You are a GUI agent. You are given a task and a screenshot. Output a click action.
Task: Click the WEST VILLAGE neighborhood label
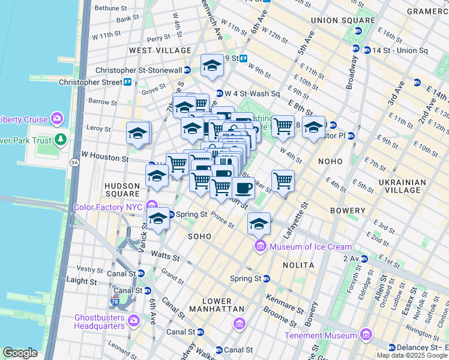tap(160, 50)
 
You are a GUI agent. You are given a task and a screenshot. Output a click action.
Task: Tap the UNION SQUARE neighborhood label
tap(339, 20)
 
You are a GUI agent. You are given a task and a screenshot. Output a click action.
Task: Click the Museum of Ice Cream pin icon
tap(261, 246)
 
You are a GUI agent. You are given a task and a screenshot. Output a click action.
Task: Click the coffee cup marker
tap(243, 188)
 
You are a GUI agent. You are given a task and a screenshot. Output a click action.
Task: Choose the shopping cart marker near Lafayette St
tap(283, 179)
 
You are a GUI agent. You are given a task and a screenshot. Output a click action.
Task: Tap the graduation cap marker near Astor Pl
tap(313, 127)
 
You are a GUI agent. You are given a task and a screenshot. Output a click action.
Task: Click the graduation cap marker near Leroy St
tap(138, 133)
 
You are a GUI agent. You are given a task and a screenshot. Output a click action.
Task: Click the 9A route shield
tap(74, 162)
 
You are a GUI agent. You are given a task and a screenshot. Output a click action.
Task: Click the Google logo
tap(20, 353)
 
